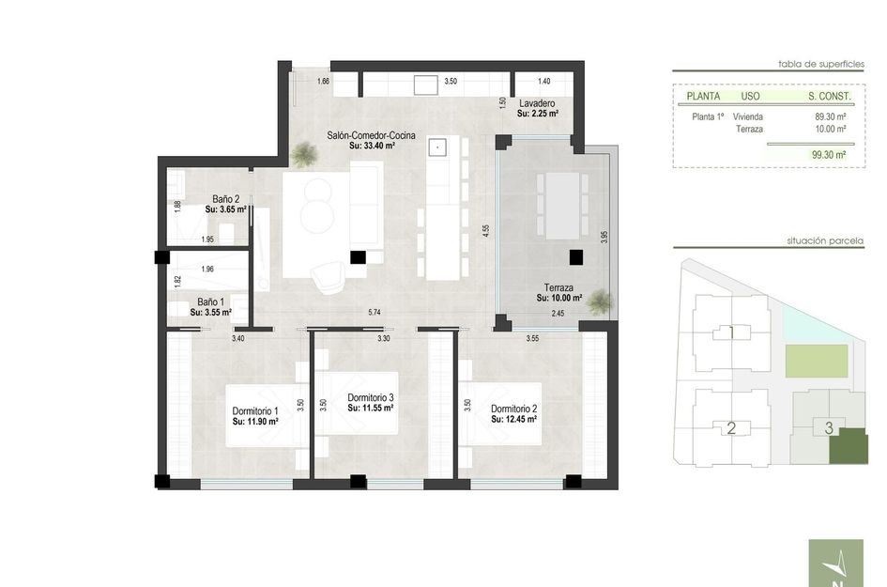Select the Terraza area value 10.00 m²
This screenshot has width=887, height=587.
click(559, 299)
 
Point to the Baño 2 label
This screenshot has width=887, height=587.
click(226, 199)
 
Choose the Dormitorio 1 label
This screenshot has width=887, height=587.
click(255, 410)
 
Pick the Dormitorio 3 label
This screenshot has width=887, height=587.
click(370, 398)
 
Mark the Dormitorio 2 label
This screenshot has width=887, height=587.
click(513, 409)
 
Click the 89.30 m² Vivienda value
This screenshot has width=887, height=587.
click(830, 116)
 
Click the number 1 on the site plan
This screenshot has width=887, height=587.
click(730, 332)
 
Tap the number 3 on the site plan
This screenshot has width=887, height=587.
click(828, 428)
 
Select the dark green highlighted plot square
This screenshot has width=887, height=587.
click(849, 445)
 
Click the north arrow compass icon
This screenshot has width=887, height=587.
click(838, 565)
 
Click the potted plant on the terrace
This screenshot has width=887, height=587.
click(603, 301)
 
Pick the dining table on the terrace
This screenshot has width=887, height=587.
click(558, 205)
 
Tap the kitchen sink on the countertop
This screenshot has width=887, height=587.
click(436, 147)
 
